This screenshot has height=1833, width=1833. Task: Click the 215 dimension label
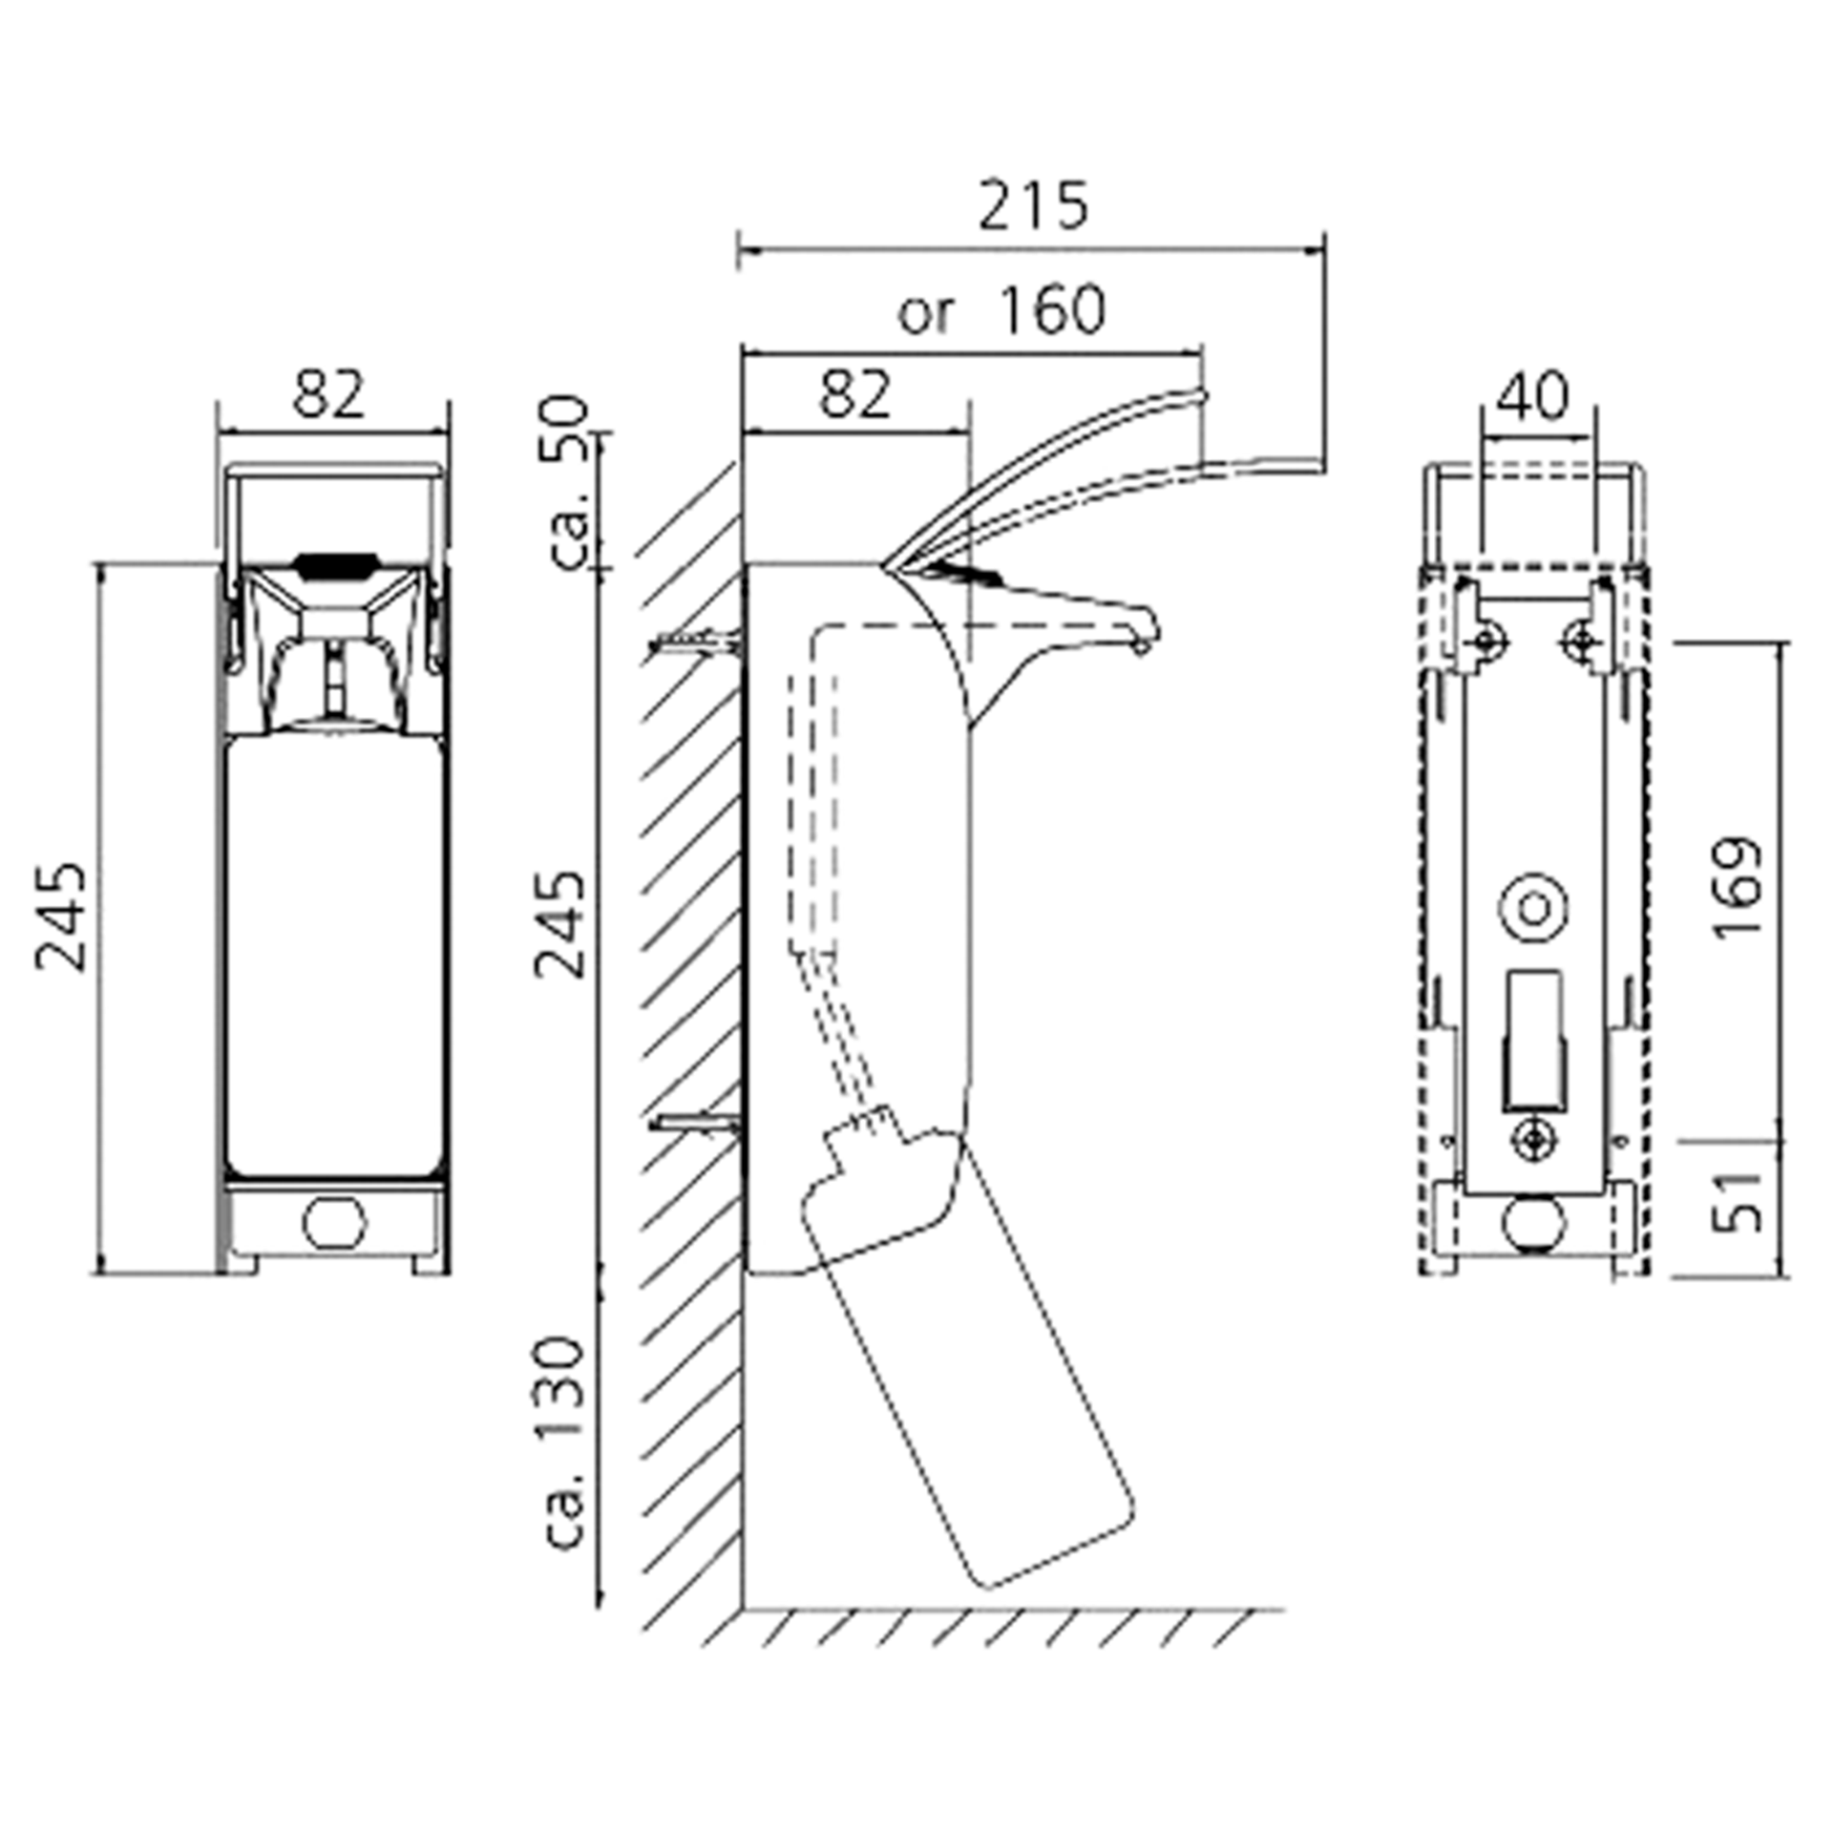click(x=1033, y=205)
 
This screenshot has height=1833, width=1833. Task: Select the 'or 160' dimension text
click(x=1001, y=308)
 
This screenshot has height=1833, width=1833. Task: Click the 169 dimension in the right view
click(x=1737, y=888)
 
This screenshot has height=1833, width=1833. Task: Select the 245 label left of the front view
click(x=60, y=916)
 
